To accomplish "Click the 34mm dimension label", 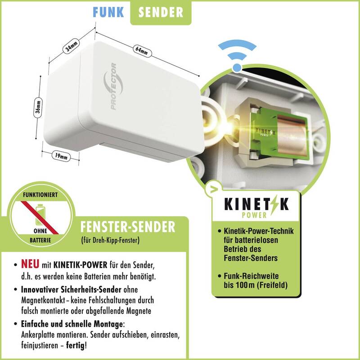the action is point(71,46).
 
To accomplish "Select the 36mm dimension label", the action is point(38,107).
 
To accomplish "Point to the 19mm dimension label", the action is point(61,156).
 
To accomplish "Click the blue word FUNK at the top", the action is point(108,12).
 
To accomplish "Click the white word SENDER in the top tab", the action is point(161,12).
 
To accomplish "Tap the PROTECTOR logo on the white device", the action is point(113,86).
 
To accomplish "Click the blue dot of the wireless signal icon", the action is point(237,67).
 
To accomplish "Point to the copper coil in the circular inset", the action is point(292,135).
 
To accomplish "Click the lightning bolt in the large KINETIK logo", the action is point(274,205).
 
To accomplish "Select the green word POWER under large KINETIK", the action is point(254,215).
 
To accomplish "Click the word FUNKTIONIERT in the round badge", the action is point(40,195).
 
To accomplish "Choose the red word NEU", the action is point(30,264).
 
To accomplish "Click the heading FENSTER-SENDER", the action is point(128,227).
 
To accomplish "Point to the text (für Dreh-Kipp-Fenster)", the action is point(110,240).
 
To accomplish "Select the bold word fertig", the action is point(75,345).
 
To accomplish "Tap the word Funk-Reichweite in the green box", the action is point(251,276).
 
